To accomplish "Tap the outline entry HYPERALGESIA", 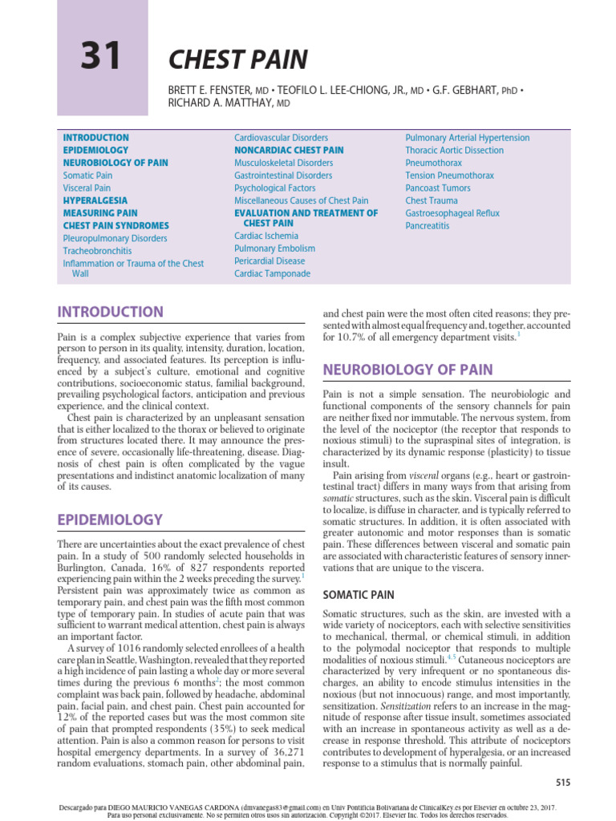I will tap(95, 200).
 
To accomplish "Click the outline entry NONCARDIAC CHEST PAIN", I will tap(289, 150).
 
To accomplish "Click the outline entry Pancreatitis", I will tap(428, 226).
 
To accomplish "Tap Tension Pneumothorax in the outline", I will tap(449, 175).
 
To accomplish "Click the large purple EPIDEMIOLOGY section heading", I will tap(109, 520).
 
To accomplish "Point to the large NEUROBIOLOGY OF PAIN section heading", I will tap(407, 370).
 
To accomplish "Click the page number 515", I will tap(545, 781).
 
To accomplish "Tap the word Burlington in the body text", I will tap(83, 568).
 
